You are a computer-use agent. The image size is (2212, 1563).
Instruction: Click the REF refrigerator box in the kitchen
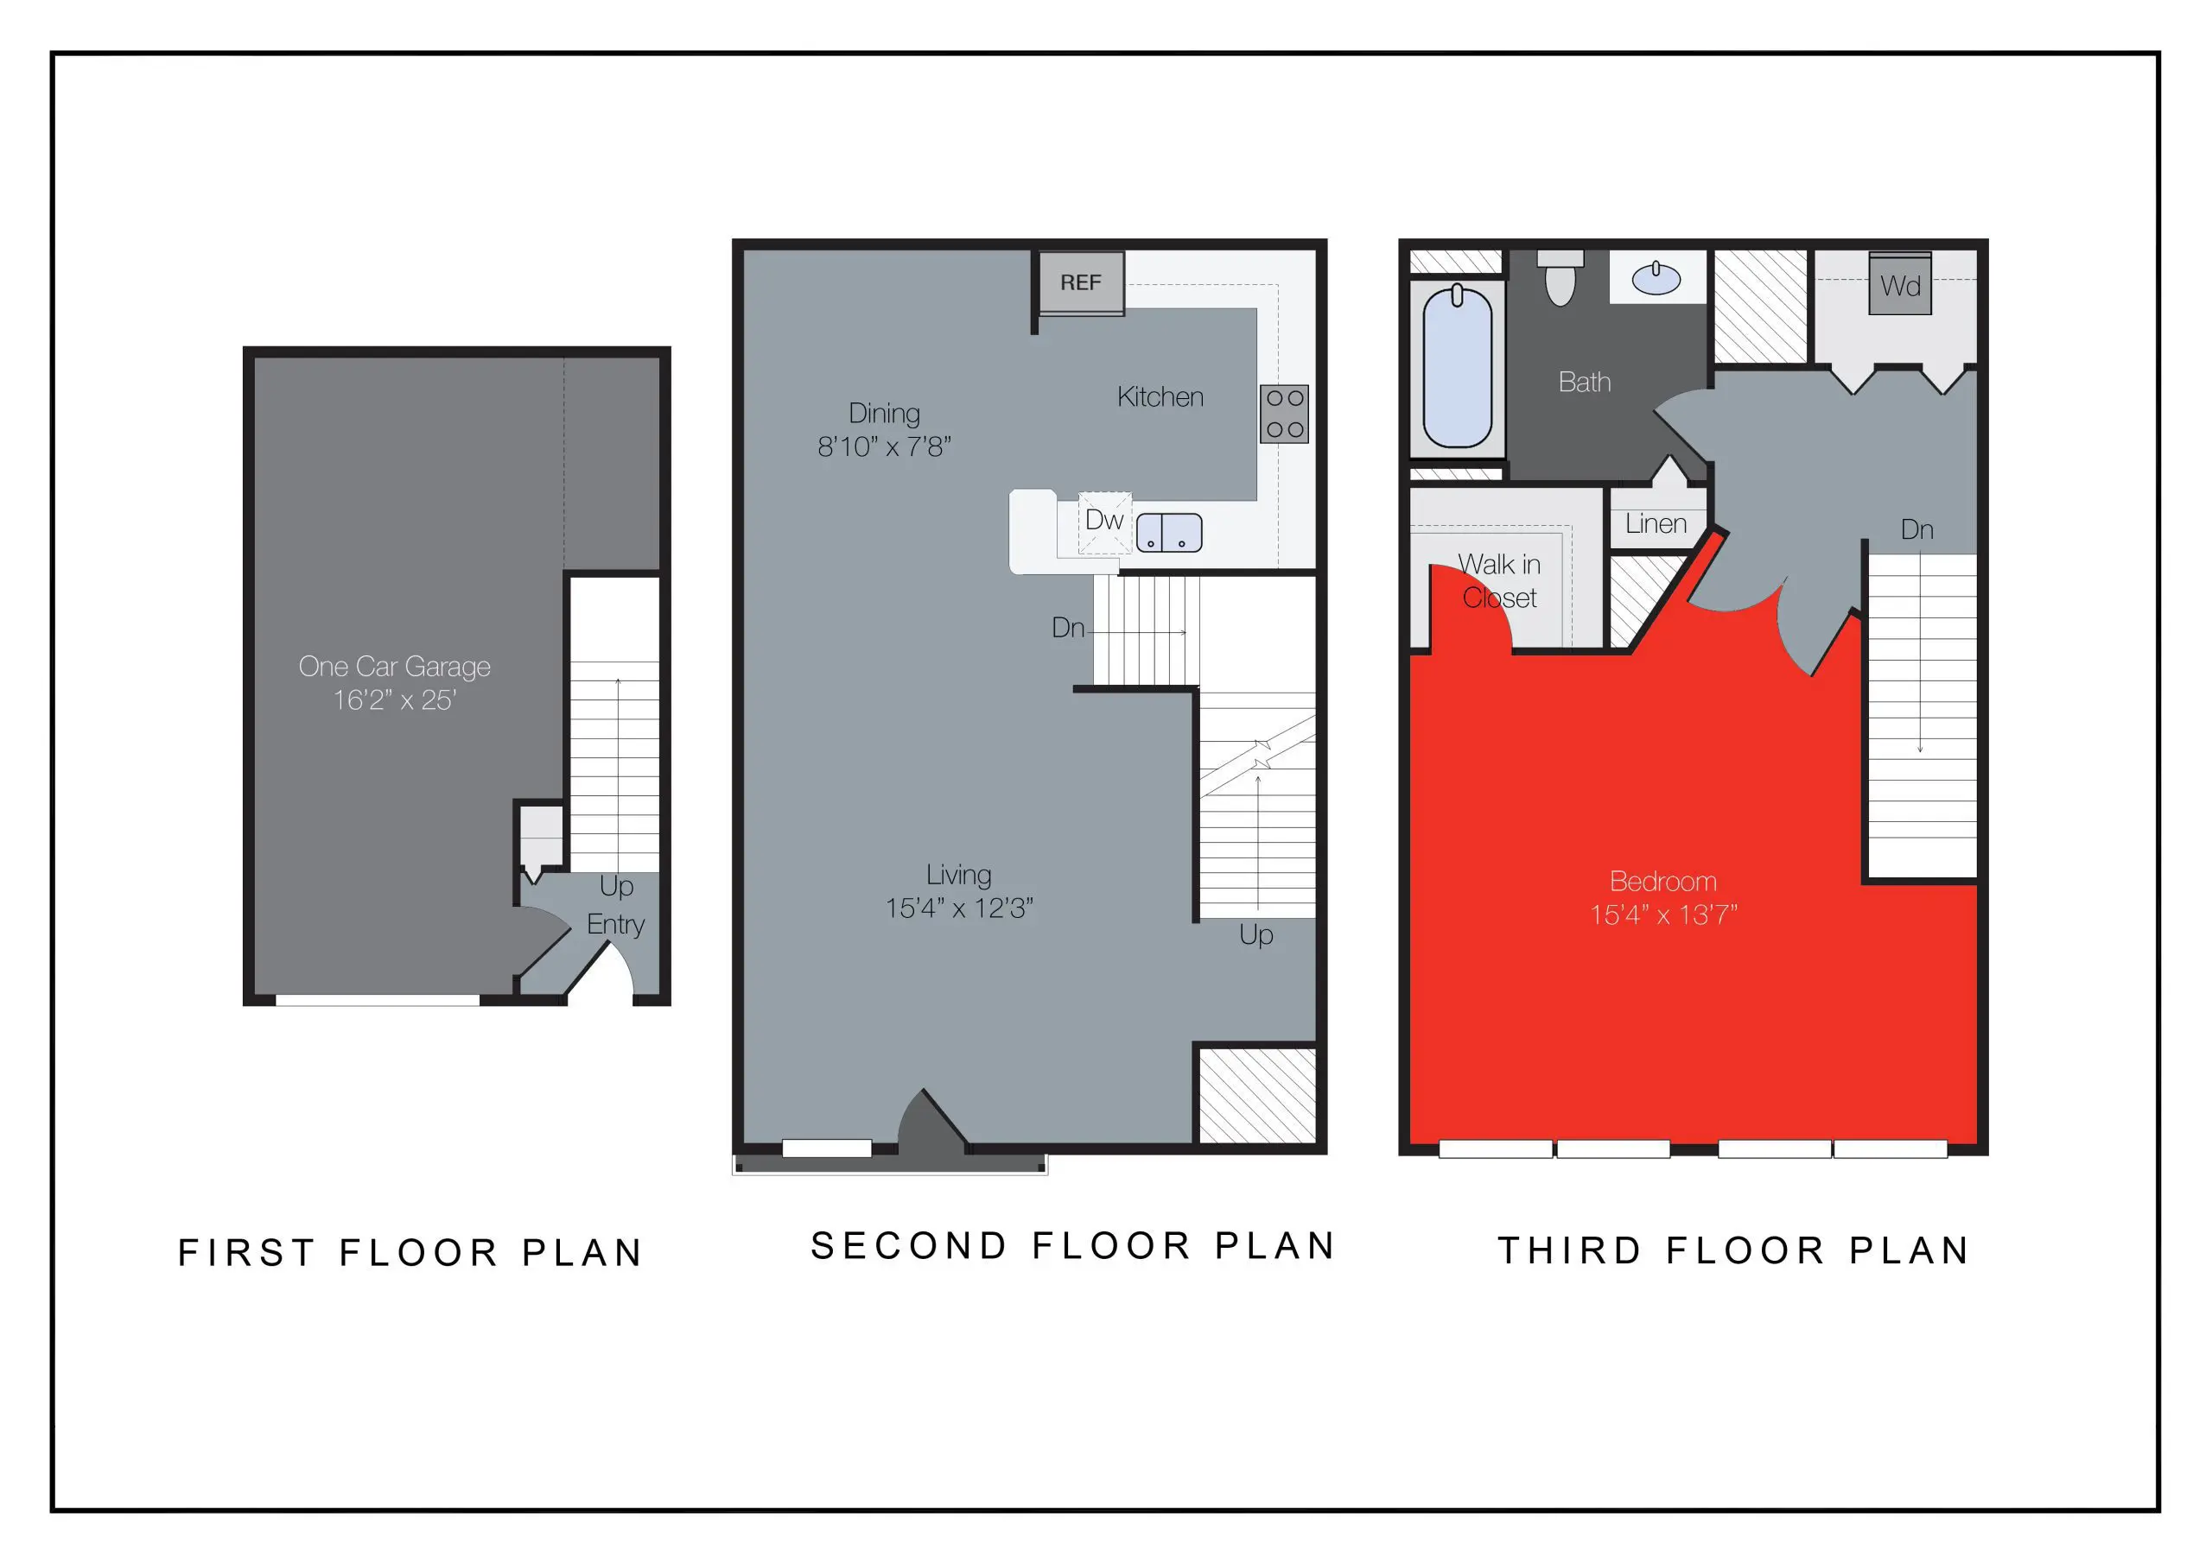click(1080, 282)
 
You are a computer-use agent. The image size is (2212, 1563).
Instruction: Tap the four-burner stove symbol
click(1283, 414)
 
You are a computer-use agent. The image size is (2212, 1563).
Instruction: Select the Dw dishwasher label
click(1103, 520)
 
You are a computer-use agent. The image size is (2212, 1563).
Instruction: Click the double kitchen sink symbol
click(1168, 533)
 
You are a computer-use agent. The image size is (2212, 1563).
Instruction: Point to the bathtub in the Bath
click(1457, 367)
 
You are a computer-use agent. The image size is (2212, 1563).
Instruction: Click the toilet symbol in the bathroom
click(1560, 278)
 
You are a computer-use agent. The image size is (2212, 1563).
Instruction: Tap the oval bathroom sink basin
click(1656, 279)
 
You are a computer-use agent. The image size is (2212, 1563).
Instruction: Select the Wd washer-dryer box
click(1900, 285)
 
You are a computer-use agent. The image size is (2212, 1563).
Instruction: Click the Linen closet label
click(1656, 524)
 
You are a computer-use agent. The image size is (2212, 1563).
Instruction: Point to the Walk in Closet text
click(1499, 580)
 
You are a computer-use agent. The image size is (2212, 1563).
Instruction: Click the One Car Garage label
click(394, 667)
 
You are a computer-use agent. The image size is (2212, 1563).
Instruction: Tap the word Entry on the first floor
click(615, 925)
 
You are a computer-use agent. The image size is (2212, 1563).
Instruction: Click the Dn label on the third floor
click(1916, 529)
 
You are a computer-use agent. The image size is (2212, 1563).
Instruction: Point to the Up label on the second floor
click(1255, 934)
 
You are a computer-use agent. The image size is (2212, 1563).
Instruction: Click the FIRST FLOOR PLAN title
click(410, 1252)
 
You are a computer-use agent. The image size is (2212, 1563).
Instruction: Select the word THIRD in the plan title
click(1568, 1250)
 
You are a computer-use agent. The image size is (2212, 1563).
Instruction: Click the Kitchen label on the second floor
click(1160, 396)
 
